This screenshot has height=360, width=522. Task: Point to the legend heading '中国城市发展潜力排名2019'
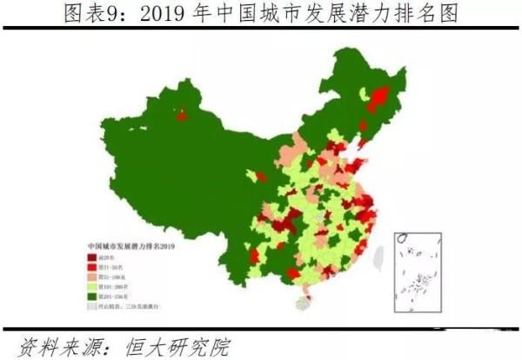coord(131,246)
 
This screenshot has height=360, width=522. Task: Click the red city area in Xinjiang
coord(182,115)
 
